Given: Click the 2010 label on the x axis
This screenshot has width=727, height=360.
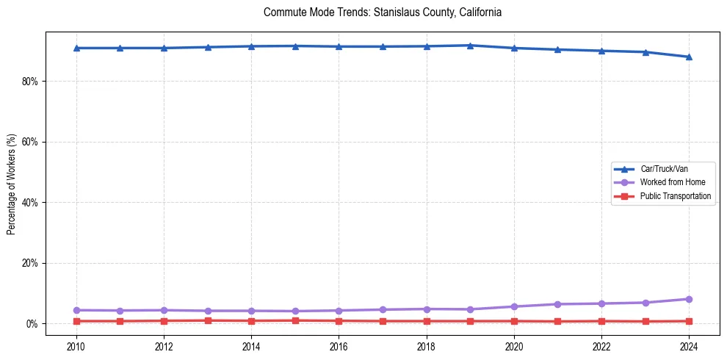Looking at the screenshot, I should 76,345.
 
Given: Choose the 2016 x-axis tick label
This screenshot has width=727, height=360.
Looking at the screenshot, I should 339,345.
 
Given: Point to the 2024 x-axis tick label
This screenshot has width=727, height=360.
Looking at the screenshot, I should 689,345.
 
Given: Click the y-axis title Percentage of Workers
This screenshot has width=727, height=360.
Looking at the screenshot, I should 11,184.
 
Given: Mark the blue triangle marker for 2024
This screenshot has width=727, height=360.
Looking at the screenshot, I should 689,57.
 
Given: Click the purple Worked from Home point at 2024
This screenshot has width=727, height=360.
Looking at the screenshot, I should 689,299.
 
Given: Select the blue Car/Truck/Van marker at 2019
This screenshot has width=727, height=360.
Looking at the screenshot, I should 470,46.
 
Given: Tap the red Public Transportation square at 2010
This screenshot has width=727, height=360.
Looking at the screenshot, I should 76,321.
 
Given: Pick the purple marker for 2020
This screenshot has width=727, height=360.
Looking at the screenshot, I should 514,306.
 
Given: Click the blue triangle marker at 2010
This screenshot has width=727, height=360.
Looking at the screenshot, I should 76,48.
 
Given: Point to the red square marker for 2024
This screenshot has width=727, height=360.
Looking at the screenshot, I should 689,321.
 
